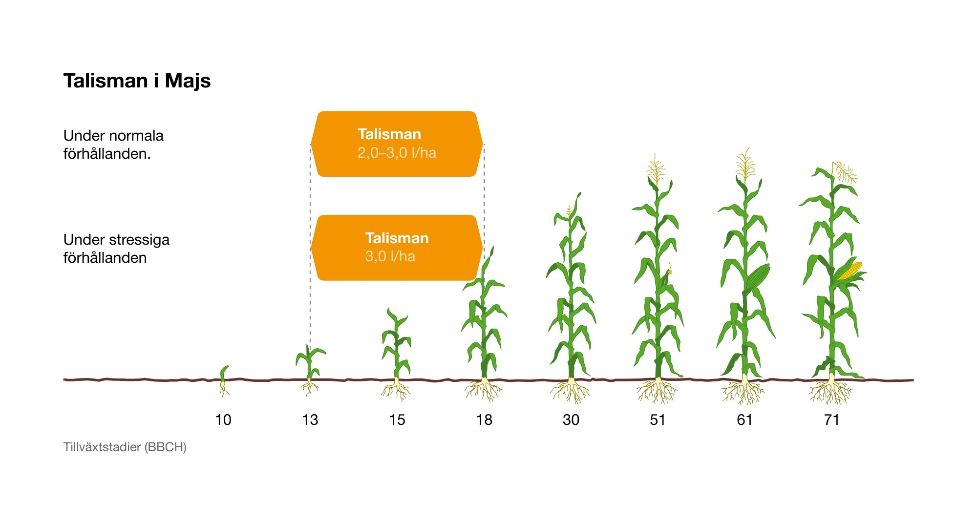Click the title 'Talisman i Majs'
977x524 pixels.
tap(137, 81)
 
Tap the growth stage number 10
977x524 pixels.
tap(223, 420)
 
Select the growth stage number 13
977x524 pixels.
tap(310, 420)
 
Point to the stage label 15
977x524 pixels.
tap(397, 420)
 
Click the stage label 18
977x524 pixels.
tap(484, 420)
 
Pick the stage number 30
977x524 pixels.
tap(571, 420)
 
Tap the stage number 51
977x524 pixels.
tap(658, 420)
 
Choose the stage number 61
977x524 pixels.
tap(744, 420)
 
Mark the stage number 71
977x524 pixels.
tap(831, 420)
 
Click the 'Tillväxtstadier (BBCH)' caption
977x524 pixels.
tap(125, 447)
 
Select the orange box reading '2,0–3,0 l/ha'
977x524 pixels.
tap(397, 144)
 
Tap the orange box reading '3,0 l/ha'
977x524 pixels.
tap(397, 248)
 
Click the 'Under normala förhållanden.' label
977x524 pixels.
tap(113, 145)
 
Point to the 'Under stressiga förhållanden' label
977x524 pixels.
tap(116, 249)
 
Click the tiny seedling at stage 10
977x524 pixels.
tap(224, 381)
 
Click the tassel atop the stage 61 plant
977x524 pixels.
tap(745, 165)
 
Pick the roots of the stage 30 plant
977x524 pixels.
tap(571, 391)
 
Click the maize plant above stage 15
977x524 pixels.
tap(396, 354)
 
